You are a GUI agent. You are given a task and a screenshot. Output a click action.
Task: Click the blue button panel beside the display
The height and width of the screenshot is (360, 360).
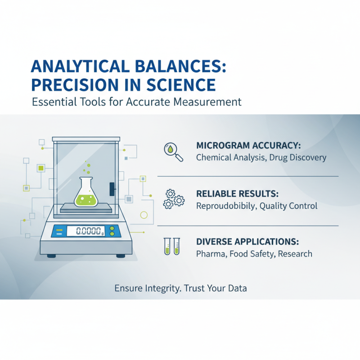pyautogui.click(x=58, y=231)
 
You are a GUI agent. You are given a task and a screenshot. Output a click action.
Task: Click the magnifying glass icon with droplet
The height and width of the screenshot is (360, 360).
pyautogui.click(x=174, y=152)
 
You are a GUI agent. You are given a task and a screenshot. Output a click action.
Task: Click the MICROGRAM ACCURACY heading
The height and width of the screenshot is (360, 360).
pyautogui.click(x=248, y=146)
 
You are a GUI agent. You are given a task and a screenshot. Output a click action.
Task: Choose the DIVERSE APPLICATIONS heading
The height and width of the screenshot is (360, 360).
pyautogui.click(x=247, y=241)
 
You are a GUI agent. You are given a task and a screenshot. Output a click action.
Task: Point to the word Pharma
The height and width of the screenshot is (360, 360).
pyautogui.click(x=210, y=254)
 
